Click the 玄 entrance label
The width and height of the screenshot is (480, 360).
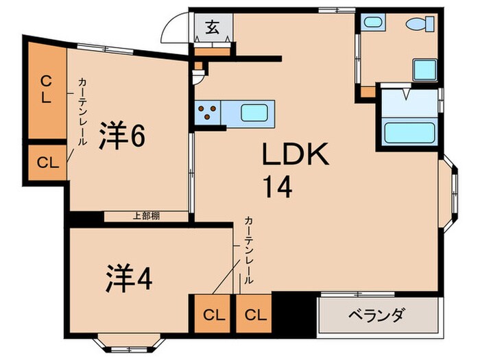click(x=213, y=28)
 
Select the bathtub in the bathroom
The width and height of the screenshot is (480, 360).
click(x=409, y=130)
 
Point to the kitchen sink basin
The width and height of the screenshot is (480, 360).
click(x=254, y=110)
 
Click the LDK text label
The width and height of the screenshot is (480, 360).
click(x=296, y=156)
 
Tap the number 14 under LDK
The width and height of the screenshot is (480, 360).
click(x=276, y=186)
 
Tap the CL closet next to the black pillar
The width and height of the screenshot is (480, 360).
click(x=254, y=315)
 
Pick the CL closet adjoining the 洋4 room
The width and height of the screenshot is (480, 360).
click(x=214, y=315)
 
